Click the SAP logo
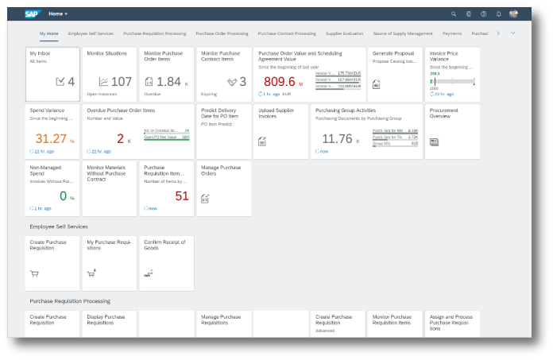(33, 14)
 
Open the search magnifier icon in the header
(454, 14)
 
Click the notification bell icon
(498, 14)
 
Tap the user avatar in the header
(513, 14)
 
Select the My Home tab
(48, 33)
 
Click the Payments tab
(451, 33)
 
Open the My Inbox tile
(52, 74)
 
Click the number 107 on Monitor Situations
(121, 81)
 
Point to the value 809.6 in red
(279, 81)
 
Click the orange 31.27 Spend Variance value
(50, 138)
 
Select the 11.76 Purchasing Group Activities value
(336, 138)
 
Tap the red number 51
(182, 195)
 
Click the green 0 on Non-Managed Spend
(64, 195)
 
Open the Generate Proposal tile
(396, 74)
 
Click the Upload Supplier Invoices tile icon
(261, 141)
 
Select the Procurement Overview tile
(453, 131)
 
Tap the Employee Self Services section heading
(59, 226)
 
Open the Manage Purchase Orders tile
(223, 188)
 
